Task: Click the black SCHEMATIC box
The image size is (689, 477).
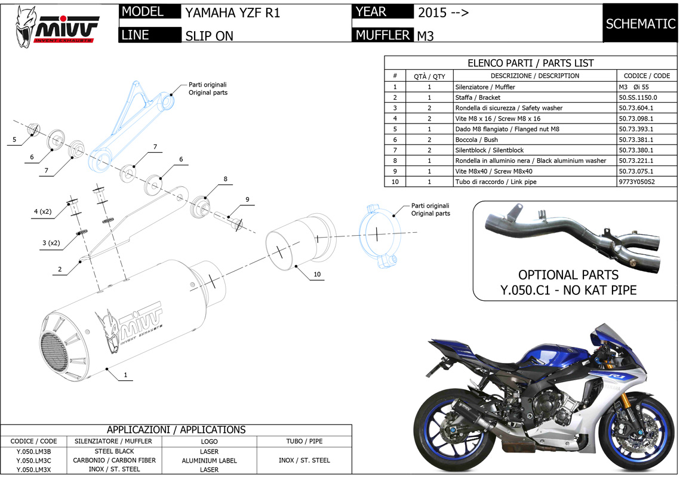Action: click(640, 23)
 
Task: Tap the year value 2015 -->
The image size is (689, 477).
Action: click(442, 13)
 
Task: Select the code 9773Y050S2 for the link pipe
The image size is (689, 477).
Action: click(636, 181)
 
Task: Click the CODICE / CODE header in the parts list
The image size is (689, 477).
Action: click(647, 76)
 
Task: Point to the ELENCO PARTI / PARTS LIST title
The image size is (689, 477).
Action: click(530, 63)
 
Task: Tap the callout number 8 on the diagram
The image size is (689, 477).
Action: click(226, 179)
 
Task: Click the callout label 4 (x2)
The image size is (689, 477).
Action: click(42, 211)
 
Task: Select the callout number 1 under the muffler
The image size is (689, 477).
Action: click(125, 375)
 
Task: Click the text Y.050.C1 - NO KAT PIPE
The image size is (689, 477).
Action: click(568, 291)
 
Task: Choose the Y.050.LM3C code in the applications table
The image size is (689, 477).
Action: click(33, 460)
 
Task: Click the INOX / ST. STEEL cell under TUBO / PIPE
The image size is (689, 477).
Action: click(304, 460)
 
